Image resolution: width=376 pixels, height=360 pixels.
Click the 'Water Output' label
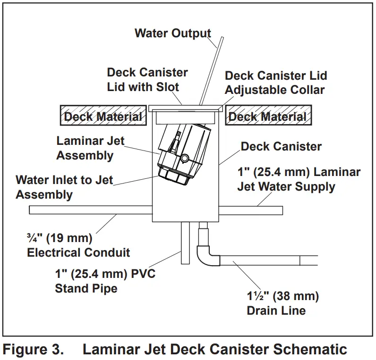(x=172, y=33)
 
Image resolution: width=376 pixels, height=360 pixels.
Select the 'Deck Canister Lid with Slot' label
(x=147, y=80)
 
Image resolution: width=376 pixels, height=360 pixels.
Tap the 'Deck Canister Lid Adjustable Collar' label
(x=275, y=82)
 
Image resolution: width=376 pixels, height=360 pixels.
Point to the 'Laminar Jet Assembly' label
(x=85, y=148)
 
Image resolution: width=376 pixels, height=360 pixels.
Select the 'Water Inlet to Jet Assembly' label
(x=64, y=187)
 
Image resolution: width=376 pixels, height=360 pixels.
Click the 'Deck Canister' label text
(x=281, y=146)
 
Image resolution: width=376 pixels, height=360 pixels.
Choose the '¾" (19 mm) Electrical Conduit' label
(x=78, y=244)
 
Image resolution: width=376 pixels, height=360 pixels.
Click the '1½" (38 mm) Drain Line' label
(x=282, y=303)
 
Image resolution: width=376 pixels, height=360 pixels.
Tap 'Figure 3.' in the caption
(x=33, y=350)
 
